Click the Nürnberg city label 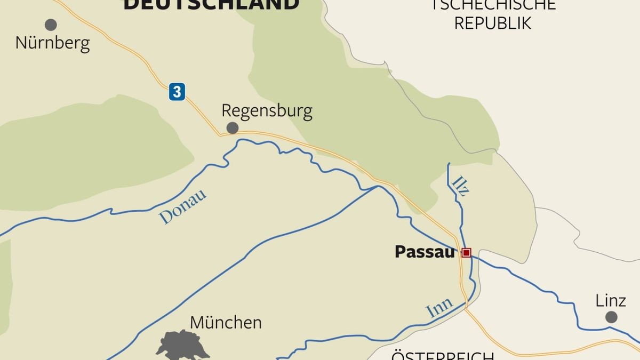(52, 43)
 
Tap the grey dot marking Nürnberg (51, 25)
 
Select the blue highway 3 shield (177, 92)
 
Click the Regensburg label (267, 111)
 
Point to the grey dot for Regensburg (233, 128)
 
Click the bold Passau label (425, 252)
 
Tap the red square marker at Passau (466, 253)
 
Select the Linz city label (611, 301)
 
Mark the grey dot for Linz (611, 317)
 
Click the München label (226, 323)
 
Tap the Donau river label (183, 207)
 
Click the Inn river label (439, 309)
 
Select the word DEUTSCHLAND (211, 4)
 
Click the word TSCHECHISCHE (494, 5)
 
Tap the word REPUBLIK (493, 23)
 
